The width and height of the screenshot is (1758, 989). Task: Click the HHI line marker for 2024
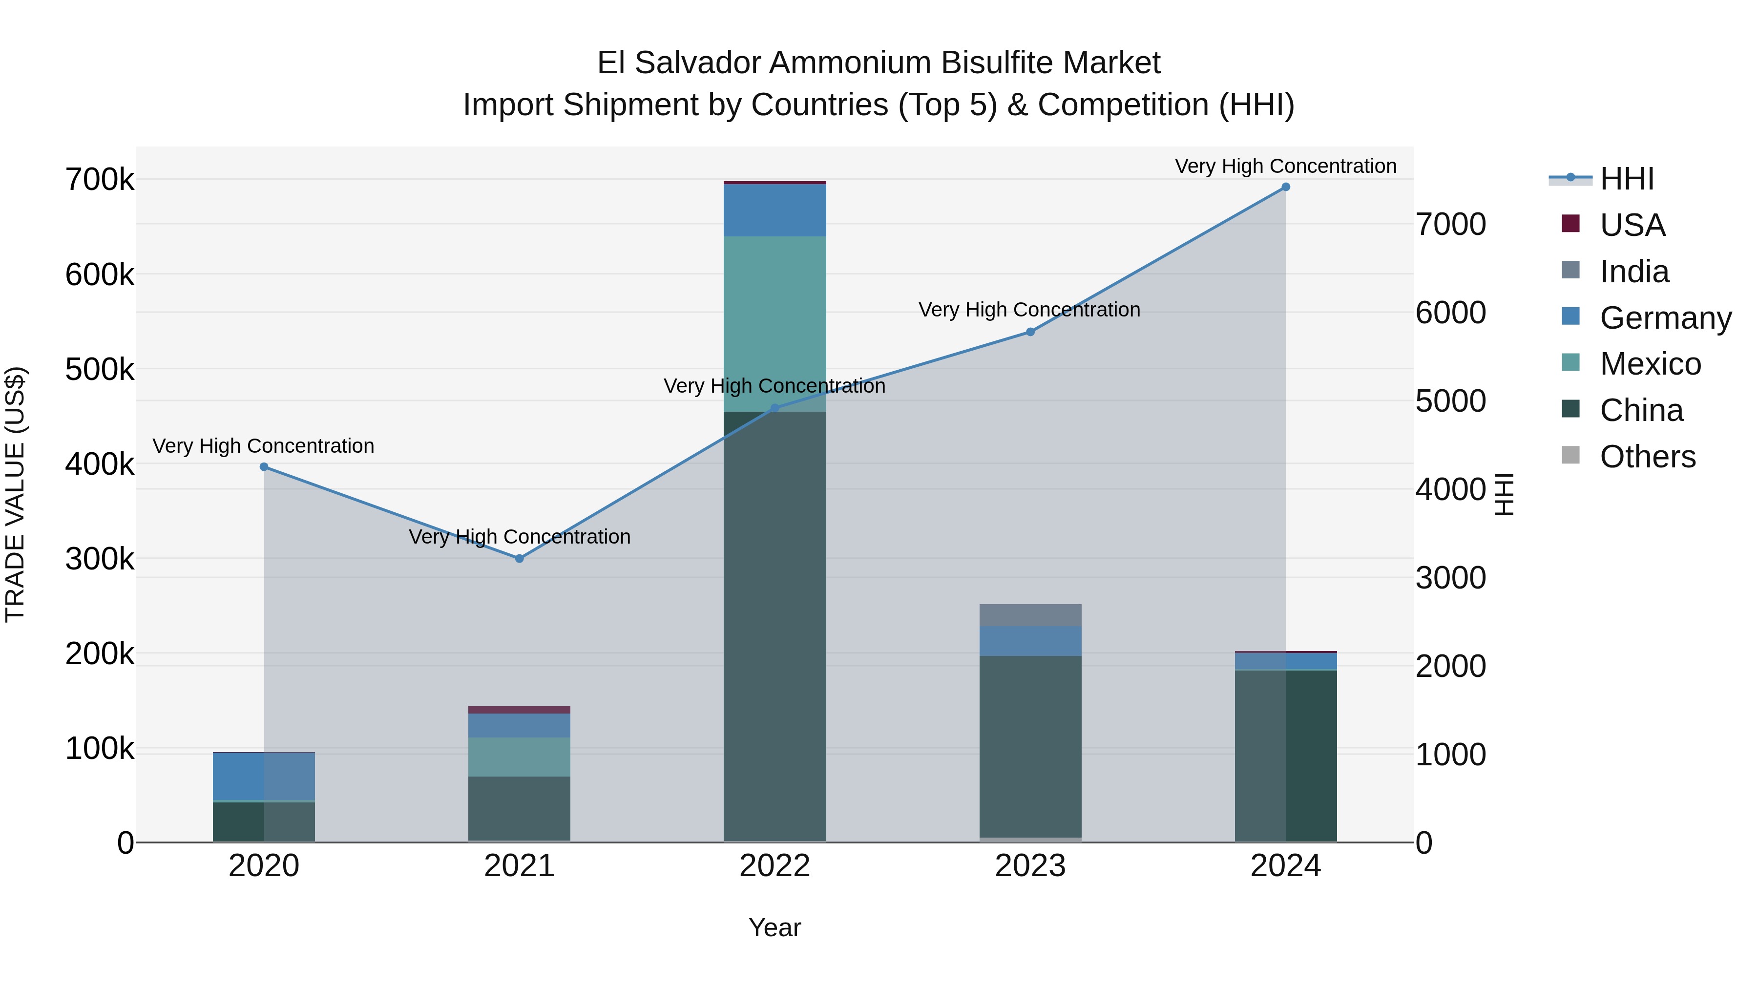pos(1286,187)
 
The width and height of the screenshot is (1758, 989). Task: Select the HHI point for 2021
pos(520,558)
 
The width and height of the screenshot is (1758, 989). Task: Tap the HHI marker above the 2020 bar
pos(264,467)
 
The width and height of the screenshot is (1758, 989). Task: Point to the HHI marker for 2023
pos(1030,332)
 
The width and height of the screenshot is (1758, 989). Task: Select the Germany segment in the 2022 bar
pos(774,210)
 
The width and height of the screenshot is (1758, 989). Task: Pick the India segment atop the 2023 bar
pos(1030,615)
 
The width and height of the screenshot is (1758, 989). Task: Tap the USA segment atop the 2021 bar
pos(520,710)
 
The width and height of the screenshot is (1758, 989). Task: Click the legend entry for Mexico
pos(1650,364)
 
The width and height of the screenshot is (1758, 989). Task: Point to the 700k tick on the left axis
pos(100,180)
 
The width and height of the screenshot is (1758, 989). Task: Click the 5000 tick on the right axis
pos(1450,401)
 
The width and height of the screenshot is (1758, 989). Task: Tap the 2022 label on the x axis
pos(774,866)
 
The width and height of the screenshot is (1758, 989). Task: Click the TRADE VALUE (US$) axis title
pos(15,494)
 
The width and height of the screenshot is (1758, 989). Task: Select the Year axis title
pos(774,927)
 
